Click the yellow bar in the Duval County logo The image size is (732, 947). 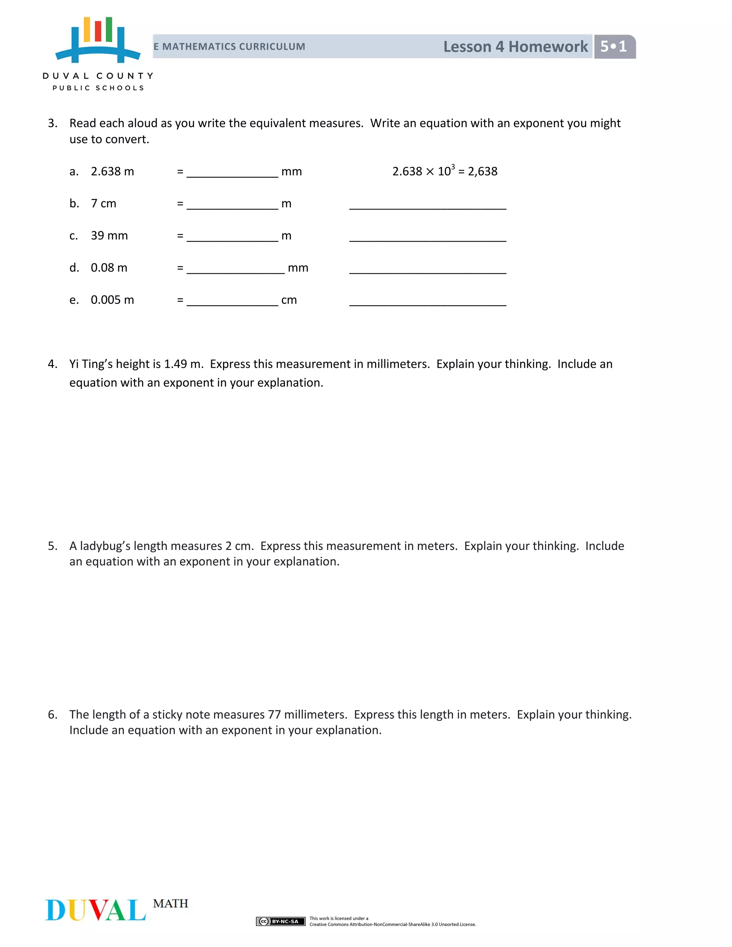87,30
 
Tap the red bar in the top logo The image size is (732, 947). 98,31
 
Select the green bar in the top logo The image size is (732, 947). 109,30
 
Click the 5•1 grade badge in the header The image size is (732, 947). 614,46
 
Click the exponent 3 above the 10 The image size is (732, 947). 453,166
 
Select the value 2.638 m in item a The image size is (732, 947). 112,172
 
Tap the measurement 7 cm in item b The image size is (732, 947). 103,204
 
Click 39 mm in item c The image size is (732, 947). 109,236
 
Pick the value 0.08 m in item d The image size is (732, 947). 109,268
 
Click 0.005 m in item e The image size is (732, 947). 112,300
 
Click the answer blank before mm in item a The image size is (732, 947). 232,173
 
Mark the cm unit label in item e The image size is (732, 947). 289,300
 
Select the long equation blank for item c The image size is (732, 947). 427,237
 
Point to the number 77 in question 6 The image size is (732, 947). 274,715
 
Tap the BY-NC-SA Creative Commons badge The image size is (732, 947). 281,921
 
